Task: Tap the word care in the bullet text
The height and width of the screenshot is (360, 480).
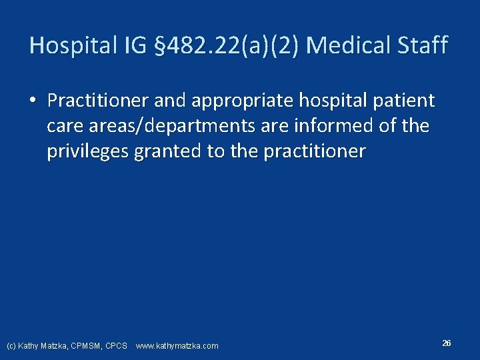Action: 65,126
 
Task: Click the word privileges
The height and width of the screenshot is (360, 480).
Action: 88,151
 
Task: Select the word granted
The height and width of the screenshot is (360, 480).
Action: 169,151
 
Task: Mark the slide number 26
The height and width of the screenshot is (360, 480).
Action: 446,343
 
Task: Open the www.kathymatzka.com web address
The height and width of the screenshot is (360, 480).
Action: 177,346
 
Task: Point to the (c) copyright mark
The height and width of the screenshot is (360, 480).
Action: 11,346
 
